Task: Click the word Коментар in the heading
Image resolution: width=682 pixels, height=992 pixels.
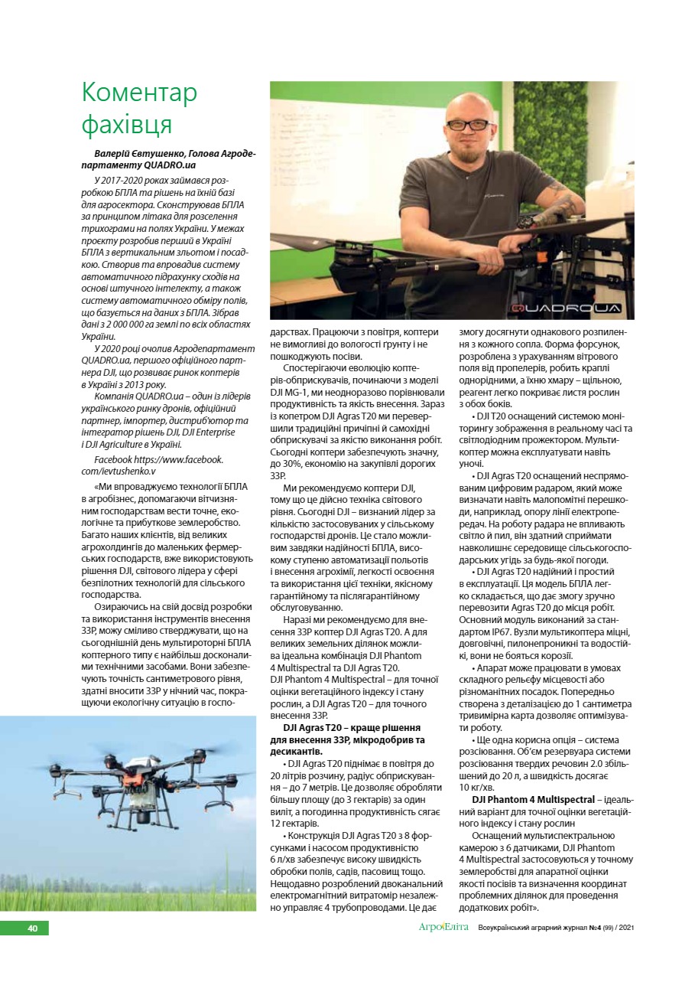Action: (x=139, y=93)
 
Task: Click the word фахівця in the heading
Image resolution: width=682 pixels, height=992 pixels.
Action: (x=127, y=123)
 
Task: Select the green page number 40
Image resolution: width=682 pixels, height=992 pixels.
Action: (x=32, y=928)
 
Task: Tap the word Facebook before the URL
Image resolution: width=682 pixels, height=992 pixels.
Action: (x=113, y=459)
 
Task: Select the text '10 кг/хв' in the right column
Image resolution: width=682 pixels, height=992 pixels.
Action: (x=476, y=787)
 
